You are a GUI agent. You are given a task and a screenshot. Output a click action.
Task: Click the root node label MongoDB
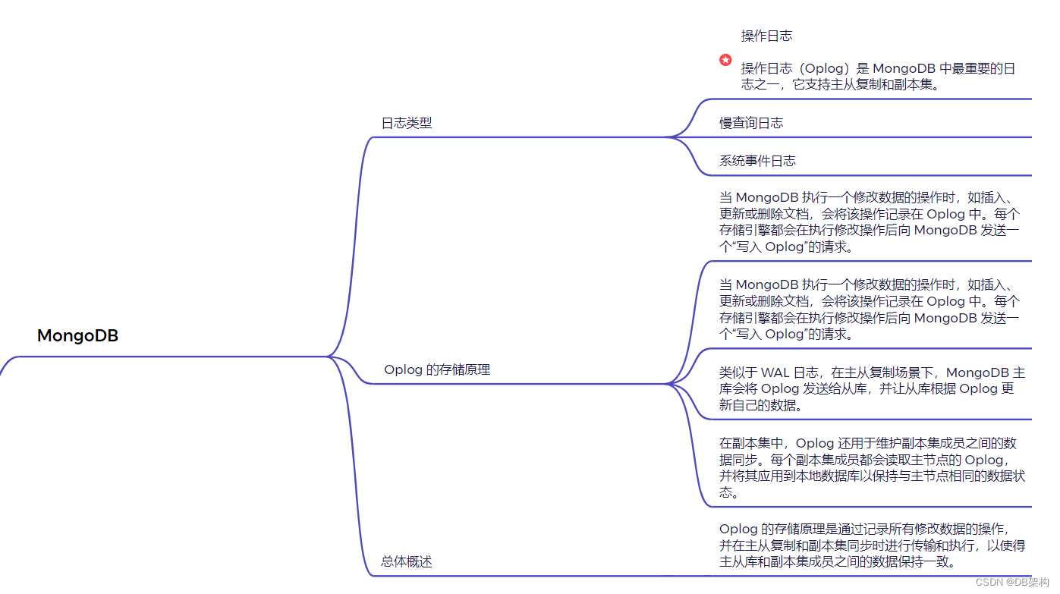point(77,335)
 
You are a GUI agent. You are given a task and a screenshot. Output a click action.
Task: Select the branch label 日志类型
point(406,123)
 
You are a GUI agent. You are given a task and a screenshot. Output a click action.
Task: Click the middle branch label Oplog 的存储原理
point(437,369)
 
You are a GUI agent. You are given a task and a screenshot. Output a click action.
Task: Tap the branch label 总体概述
point(406,562)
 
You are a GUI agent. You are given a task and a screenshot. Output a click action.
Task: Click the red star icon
point(725,60)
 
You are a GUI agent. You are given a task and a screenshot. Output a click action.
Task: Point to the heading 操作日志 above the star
point(766,36)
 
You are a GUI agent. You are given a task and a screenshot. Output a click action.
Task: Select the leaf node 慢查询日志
point(751,123)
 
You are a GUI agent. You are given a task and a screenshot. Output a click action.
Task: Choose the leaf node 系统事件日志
point(757,161)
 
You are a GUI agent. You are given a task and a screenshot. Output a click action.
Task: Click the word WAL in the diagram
point(775,372)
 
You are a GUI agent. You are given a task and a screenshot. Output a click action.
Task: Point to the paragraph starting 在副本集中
point(872,467)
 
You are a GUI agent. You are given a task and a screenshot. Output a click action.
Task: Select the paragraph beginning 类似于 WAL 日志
point(872,388)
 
